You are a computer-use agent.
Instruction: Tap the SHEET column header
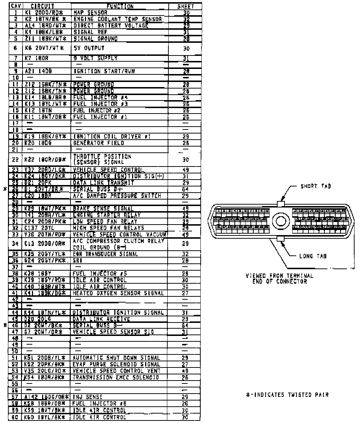(186, 6)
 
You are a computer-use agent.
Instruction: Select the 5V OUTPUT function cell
(89, 48)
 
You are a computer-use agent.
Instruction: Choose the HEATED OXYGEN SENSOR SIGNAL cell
(118, 293)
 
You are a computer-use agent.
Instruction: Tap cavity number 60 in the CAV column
(15, 417)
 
